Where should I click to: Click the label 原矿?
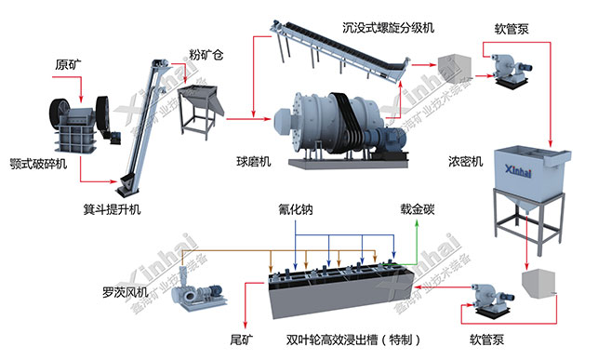69,65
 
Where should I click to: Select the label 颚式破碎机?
38,164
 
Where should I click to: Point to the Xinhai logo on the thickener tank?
525,171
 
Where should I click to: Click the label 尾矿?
241,340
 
